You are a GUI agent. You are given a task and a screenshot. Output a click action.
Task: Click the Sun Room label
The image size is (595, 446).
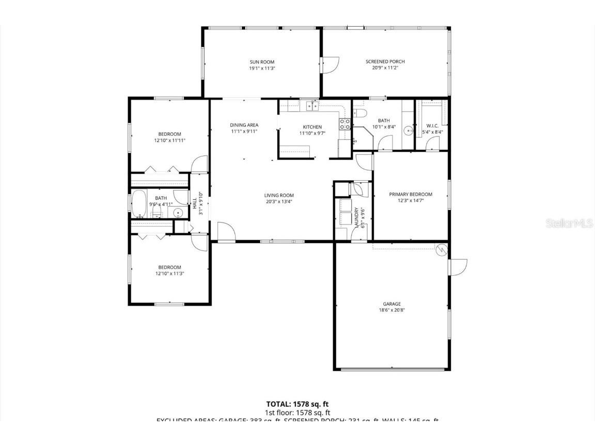tap(262, 62)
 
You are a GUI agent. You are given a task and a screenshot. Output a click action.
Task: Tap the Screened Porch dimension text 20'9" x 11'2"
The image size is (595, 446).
tap(385, 68)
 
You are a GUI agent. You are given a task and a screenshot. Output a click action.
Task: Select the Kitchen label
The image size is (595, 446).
tap(312, 127)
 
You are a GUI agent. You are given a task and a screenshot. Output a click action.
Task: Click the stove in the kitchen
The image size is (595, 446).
tap(345, 124)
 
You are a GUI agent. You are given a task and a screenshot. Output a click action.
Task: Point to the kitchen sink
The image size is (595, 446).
tap(311, 106)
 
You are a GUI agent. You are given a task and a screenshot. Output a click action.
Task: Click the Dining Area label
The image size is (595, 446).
tap(244, 125)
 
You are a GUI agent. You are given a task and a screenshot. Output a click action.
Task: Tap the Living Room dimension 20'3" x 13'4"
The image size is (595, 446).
tap(279, 202)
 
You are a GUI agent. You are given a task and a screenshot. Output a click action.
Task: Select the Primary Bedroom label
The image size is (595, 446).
tap(410, 195)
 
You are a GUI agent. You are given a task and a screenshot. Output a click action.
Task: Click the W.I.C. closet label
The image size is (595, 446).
tap(432, 126)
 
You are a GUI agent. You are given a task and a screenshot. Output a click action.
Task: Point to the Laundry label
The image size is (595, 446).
tap(356, 217)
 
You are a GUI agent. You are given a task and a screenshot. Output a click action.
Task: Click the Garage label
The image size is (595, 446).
tap(392, 304)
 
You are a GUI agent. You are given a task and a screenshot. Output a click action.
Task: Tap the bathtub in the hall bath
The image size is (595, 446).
tap(138, 204)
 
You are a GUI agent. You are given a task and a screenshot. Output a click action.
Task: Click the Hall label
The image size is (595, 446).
tap(195, 204)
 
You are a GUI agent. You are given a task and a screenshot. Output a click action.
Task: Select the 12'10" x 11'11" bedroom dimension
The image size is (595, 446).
tap(169, 140)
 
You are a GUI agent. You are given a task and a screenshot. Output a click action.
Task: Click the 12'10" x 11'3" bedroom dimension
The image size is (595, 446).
tap(169, 274)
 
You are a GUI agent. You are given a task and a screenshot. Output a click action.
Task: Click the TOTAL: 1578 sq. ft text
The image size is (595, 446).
tap(297, 404)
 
